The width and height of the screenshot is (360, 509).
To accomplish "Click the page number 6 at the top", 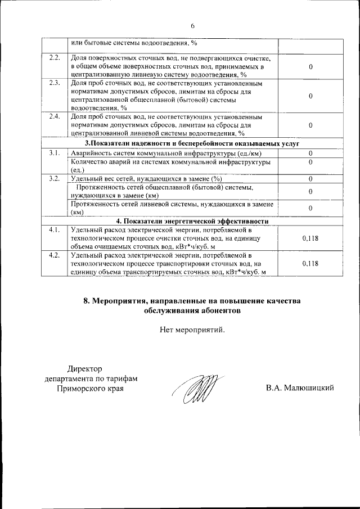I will click(x=192, y=26).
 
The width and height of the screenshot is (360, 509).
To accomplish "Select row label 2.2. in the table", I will click(x=55, y=58).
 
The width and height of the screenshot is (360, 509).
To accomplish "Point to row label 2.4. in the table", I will click(x=55, y=116).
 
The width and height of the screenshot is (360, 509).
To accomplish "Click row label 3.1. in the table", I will click(x=55, y=154).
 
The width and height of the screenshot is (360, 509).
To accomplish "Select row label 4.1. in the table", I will click(x=55, y=230).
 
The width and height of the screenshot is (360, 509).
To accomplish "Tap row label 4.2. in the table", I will click(x=55, y=255).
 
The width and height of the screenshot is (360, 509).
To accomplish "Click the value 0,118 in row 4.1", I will click(x=310, y=238).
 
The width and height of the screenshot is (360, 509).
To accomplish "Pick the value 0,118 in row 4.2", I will click(x=310, y=263).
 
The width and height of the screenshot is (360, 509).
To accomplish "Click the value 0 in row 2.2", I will click(x=310, y=67).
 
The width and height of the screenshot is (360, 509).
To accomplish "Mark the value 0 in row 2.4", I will click(x=310, y=125).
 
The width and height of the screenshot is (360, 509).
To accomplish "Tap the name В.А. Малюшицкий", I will click(x=301, y=388).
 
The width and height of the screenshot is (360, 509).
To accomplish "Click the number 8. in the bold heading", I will click(x=87, y=301).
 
